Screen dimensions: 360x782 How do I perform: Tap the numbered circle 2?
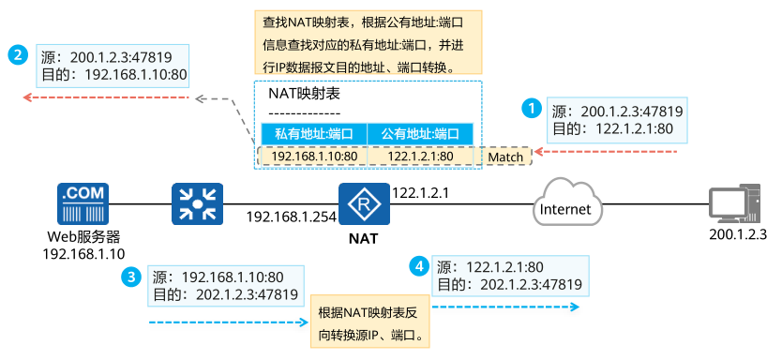pos(18,55)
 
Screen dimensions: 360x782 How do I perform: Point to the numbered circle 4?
pos(421,265)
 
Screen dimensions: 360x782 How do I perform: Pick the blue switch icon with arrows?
pos(196,204)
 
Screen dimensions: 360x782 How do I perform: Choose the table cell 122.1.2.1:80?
pos(420,156)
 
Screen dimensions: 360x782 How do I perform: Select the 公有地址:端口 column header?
pos(419,134)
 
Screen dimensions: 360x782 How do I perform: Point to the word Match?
pos(505,157)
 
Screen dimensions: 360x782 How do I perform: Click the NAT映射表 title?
pos(303,94)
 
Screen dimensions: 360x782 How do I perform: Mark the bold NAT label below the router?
pos(363,238)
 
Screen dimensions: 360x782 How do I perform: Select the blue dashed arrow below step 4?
pos(505,305)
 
